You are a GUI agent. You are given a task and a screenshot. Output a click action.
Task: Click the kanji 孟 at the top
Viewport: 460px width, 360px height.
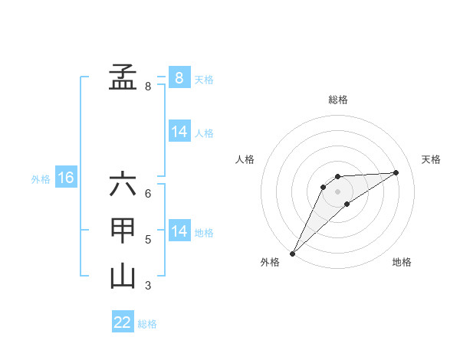tap(123, 77)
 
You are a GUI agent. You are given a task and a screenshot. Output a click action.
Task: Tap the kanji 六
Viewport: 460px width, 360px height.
tap(123, 185)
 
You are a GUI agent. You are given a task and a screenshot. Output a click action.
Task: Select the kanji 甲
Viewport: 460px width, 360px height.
tap(123, 231)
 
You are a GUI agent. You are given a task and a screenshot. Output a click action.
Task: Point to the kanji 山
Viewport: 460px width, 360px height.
tap(123, 277)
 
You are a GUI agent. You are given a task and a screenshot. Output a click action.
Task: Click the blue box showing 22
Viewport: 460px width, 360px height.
tap(123, 322)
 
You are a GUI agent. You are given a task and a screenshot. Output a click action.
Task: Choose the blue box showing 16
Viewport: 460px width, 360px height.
tap(66, 178)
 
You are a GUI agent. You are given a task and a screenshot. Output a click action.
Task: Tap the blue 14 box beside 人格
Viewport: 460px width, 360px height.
tap(179, 132)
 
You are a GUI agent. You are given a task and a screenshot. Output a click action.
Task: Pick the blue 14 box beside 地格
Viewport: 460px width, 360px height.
tap(179, 231)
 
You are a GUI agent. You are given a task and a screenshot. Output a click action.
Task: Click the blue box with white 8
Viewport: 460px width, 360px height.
tap(179, 78)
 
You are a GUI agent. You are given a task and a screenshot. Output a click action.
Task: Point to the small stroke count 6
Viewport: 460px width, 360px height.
tap(148, 194)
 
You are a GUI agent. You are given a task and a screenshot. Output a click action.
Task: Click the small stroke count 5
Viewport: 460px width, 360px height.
tap(148, 240)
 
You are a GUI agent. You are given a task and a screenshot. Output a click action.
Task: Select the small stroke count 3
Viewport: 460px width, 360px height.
tap(148, 286)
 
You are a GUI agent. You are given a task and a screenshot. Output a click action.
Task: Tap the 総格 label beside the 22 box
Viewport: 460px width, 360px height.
tap(147, 324)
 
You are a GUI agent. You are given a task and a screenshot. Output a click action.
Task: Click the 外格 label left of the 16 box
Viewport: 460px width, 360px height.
tap(41, 179)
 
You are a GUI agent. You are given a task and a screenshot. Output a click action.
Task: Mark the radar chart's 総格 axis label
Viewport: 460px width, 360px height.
tap(337, 100)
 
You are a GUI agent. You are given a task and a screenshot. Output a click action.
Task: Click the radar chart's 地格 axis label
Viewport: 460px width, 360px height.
tap(402, 263)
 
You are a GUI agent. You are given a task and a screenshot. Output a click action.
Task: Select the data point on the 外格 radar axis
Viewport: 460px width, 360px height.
tap(292, 254)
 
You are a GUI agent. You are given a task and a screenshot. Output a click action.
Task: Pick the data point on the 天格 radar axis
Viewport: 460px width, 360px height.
tap(396, 172)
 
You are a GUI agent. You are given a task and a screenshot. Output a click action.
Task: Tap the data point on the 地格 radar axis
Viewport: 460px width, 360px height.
tap(347, 204)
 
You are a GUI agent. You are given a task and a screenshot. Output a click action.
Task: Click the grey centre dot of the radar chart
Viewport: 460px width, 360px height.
tap(337, 191)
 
